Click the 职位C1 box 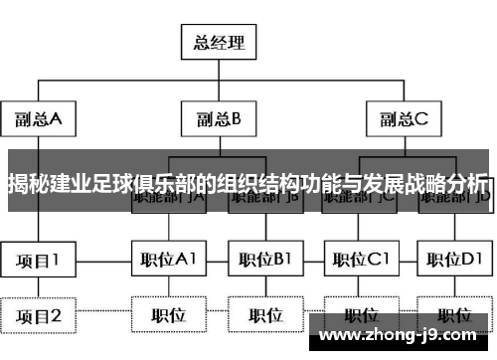(359, 261)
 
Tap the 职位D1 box (453, 261)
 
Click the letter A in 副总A (56, 119)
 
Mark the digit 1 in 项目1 (55, 261)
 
